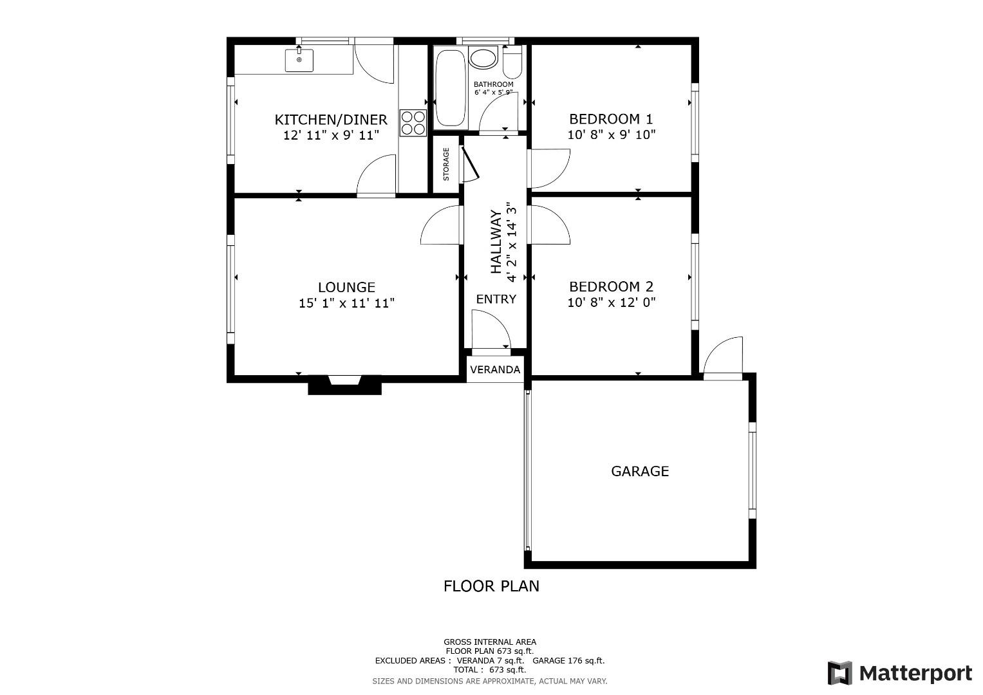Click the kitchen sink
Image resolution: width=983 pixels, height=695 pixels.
[x=299, y=60]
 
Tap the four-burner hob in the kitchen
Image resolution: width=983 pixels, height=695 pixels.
[x=413, y=123]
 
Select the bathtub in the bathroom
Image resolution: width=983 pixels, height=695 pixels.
[x=451, y=88]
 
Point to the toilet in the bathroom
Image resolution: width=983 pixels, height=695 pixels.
[x=512, y=63]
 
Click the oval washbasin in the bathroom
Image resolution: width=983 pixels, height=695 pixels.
[x=483, y=58]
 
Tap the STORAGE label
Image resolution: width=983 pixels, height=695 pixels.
[x=446, y=165]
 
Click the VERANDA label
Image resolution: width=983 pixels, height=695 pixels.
[x=495, y=370]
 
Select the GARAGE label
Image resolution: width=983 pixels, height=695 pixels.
[x=640, y=471]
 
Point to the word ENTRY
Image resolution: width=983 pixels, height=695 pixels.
[x=496, y=299]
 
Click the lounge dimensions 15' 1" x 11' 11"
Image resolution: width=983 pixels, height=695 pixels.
[x=347, y=303]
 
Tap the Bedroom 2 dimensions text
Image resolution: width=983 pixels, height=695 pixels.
[x=612, y=302]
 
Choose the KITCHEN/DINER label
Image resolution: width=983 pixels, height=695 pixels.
[x=331, y=119]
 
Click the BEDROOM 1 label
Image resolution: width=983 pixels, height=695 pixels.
[x=611, y=119]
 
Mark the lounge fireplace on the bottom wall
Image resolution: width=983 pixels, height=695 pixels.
[x=345, y=385]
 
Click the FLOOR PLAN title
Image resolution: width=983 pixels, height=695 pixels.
[x=491, y=586]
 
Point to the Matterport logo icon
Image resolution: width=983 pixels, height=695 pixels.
[x=840, y=673]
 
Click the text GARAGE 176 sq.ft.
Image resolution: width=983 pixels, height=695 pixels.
[x=568, y=661]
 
